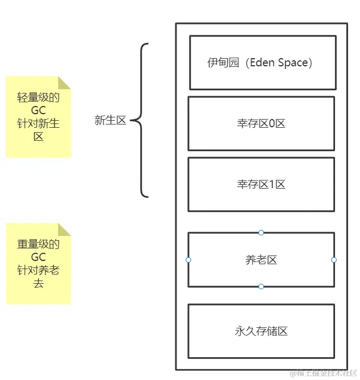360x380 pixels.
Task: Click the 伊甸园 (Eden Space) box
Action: [x=262, y=63]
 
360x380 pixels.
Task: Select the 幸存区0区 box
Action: [x=261, y=123]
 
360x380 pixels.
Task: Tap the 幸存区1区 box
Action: [x=261, y=184]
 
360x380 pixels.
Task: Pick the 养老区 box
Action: [x=261, y=260]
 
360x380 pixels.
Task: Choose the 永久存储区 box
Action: [x=261, y=331]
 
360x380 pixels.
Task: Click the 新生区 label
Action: [x=110, y=121]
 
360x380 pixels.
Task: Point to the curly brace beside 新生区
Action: [x=139, y=121]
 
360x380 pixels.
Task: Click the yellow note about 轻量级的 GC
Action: [x=38, y=117]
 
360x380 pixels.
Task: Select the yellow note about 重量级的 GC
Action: [x=38, y=264]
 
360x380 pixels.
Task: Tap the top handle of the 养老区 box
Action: [x=261, y=233]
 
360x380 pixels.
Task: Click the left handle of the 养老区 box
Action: [x=188, y=260]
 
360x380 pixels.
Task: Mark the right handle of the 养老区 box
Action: [x=334, y=260]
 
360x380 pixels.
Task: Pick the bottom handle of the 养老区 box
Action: [x=261, y=286]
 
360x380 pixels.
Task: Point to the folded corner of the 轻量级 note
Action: [x=65, y=82]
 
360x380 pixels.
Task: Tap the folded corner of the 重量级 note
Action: [x=65, y=229]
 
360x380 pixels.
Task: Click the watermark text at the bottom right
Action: [x=324, y=373]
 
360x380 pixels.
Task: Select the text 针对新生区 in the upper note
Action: [x=38, y=130]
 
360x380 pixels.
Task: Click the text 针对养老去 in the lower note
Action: [x=38, y=277]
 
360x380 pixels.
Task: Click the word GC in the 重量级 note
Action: [x=38, y=257]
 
